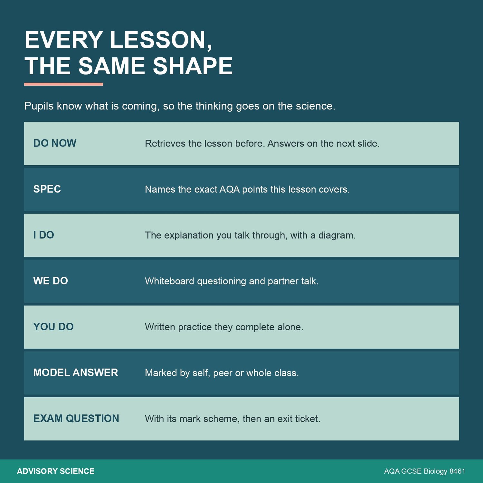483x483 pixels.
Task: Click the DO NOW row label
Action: pos(55,143)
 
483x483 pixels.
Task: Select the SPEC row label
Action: pos(47,189)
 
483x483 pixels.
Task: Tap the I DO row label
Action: pos(43,235)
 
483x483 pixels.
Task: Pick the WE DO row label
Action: pos(51,281)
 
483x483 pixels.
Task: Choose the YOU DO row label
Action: pos(53,327)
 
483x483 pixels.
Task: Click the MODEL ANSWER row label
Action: pos(76,373)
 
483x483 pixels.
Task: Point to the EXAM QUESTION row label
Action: pos(76,419)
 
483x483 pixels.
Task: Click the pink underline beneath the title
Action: pos(63,84)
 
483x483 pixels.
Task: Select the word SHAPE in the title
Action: pos(193,66)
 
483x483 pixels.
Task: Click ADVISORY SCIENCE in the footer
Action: pos(56,471)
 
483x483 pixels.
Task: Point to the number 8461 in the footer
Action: pos(457,471)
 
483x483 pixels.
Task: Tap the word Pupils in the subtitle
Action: pos(39,106)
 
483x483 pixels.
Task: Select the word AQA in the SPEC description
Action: pos(229,189)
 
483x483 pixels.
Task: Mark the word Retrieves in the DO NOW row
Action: pos(165,143)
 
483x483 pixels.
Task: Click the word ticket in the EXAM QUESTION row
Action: pos(308,419)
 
